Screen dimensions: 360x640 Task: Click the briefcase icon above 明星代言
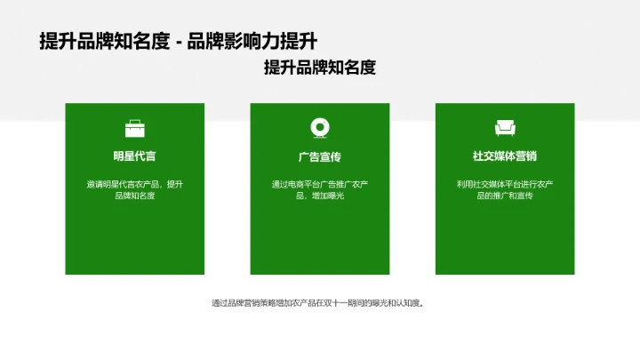[x=135, y=128]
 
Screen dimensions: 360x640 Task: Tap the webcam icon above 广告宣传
[x=320, y=128]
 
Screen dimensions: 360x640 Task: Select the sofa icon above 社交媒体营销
[x=505, y=128]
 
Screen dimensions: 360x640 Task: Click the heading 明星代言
[x=135, y=156]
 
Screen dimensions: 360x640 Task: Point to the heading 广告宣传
[x=320, y=156]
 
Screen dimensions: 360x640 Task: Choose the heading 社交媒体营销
[x=505, y=156]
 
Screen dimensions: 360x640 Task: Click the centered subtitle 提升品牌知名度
[x=320, y=68]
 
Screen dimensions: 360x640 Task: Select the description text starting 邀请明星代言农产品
[x=135, y=189]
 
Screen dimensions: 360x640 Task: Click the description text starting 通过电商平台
[x=320, y=189]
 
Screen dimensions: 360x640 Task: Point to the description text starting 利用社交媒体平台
[x=505, y=189]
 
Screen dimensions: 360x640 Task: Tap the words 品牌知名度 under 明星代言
[x=135, y=196]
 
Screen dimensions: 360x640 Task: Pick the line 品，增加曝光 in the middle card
[x=320, y=196]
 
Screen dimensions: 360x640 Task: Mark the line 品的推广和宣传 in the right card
[x=505, y=196]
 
